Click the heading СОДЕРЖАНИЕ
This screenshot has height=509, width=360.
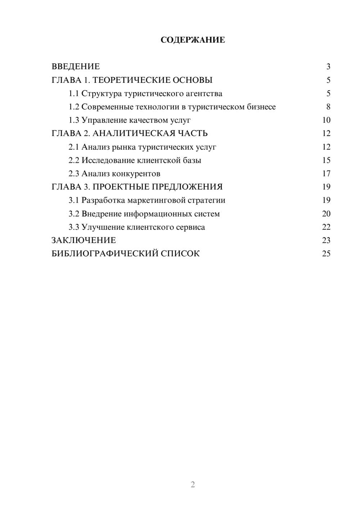pyautogui.click(x=193, y=40)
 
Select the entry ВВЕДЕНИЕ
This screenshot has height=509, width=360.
pyautogui.click(x=76, y=67)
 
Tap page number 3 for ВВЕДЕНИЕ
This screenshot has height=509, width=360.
pyautogui.click(x=328, y=67)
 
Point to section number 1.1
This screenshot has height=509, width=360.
pyautogui.click(x=74, y=94)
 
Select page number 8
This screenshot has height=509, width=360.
pyautogui.click(x=328, y=107)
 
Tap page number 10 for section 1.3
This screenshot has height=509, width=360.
pyautogui.click(x=326, y=120)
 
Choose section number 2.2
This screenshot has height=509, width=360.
pyautogui.click(x=74, y=160)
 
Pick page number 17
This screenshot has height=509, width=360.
pyautogui.click(x=326, y=174)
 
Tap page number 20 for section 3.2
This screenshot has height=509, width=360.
pyautogui.click(x=326, y=214)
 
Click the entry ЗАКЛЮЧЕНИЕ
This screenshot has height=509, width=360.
pyautogui.click(x=84, y=240)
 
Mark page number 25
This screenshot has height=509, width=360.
pyautogui.click(x=326, y=254)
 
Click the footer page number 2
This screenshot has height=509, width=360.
pyautogui.click(x=193, y=485)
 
